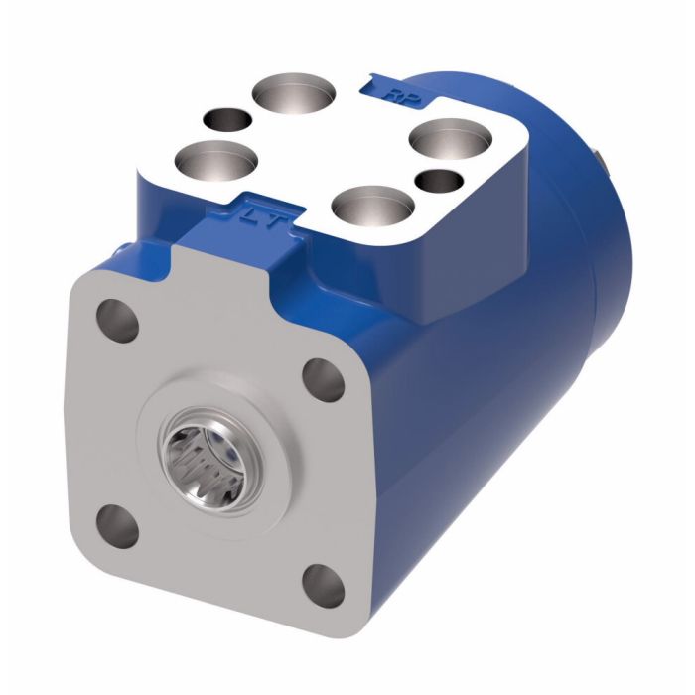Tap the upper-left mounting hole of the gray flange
(x=116, y=320)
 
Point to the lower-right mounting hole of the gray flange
(x=321, y=583)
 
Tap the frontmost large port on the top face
(x=372, y=211)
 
